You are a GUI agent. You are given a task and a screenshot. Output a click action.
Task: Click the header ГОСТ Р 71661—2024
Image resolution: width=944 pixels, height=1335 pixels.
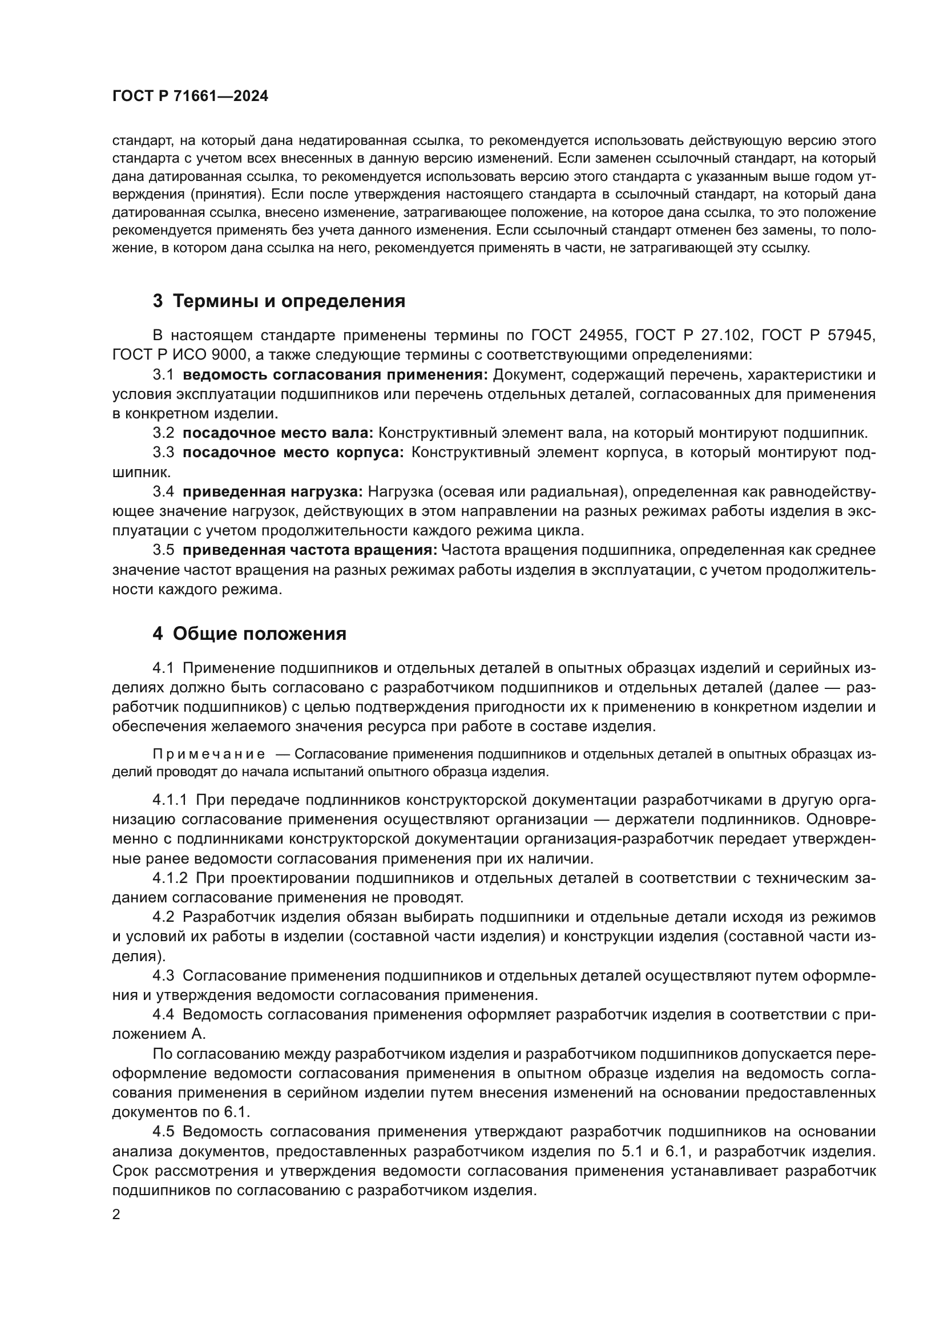click(190, 96)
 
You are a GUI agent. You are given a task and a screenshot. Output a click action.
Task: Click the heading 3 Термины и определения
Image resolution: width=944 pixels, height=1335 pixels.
click(279, 301)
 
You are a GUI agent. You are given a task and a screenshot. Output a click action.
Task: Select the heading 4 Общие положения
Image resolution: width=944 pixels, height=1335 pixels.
click(249, 634)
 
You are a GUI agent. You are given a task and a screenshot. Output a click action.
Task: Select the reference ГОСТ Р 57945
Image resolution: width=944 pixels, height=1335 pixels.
click(817, 335)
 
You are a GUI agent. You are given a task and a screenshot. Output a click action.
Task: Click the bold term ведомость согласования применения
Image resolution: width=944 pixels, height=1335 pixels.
click(336, 374)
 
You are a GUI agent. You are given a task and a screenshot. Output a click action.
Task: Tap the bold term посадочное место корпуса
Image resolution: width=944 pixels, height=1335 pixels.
click(293, 453)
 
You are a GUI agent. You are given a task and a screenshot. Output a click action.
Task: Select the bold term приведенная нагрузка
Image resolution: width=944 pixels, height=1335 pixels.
click(273, 492)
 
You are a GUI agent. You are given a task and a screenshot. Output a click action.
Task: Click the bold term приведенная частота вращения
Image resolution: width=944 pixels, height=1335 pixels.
click(310, 550)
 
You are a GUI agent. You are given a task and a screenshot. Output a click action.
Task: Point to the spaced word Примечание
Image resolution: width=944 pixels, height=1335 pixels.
click(209, 755)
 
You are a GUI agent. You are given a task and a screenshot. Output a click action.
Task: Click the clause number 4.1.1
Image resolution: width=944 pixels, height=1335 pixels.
click(170, 800)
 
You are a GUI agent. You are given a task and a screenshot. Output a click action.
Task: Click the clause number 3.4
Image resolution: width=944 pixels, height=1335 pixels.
click(163, 492)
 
